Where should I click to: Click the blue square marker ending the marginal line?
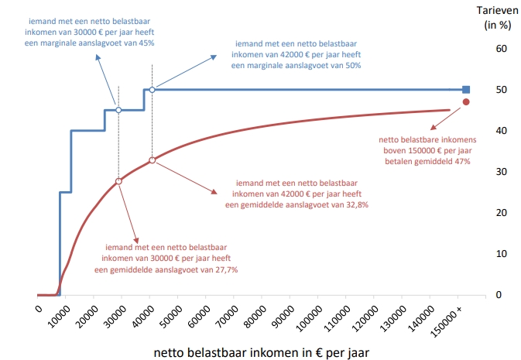(466, 89)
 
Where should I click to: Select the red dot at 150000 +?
(466, 102)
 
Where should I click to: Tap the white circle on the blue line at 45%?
(118, 110)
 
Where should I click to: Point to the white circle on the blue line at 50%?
(152, 90)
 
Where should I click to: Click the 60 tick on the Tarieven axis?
(501, 48)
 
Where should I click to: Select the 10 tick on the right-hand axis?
(501, 253)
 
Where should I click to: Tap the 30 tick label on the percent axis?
(501, 171)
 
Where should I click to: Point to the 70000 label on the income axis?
(225, 317)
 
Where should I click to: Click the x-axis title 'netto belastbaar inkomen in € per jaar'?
(262, 352)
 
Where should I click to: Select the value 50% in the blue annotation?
(353, 66)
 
